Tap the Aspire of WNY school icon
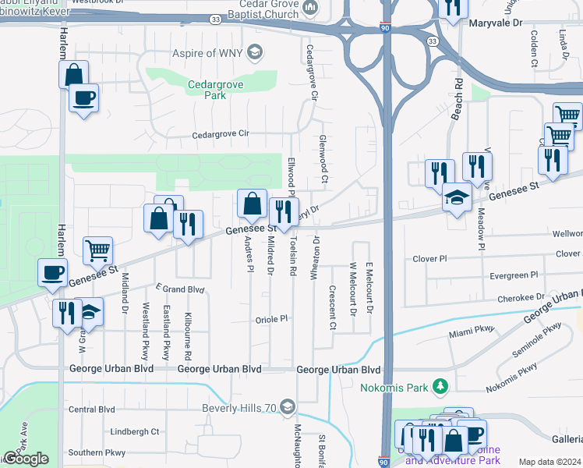pyautogui.click(x=253, y=53)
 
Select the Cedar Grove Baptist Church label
pyautogui.click(x=260, y=13)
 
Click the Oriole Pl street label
pyautogui.click(x=272, y=319)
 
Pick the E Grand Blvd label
pyautogui.click(x=179, y=289)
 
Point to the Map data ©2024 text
pyautogui.click(x=549, y=462)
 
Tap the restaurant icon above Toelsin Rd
pyautogui.click(x=284, y=211)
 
